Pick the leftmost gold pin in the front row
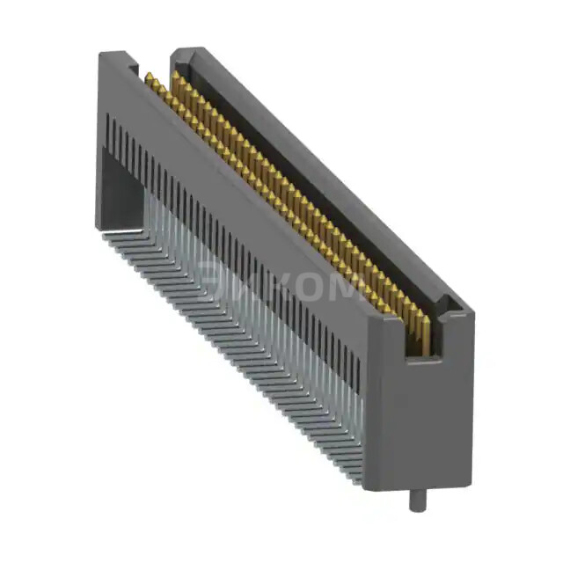tap(150, 81)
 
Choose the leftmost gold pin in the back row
tap(175, 77)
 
